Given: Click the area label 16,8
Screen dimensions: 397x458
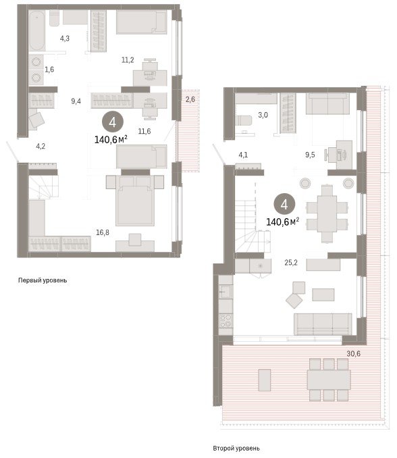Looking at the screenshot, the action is coord(103,232).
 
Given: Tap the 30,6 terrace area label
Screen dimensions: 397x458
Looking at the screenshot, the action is coord(354,354).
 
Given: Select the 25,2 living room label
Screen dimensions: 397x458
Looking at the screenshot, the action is coord(291,263).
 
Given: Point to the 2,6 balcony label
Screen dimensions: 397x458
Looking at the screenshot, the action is coord(190,99).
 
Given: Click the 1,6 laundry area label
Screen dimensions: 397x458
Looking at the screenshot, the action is coord(49,70).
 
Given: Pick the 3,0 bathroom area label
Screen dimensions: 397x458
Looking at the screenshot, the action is coord(263,115).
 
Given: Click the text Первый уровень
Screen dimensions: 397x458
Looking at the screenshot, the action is coord(43,280).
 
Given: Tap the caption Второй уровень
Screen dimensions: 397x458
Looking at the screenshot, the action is coord(236,448).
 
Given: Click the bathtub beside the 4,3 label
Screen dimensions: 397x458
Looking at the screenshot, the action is coord(36,30).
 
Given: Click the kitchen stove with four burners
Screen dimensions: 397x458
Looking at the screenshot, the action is coord(226,320).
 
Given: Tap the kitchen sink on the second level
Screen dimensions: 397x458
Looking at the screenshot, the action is coord(226,291).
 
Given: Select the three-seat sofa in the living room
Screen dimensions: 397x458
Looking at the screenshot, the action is coord(323,324).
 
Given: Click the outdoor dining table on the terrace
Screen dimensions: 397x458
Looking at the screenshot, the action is coord(329,380).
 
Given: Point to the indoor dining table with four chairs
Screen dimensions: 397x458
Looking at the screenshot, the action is coord(327,213).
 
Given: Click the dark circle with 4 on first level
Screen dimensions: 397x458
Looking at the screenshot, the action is coord(112,122).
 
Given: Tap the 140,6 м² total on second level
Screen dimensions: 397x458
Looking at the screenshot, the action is coord(282,222).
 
